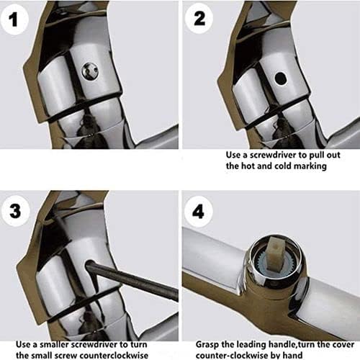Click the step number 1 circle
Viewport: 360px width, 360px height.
[x=14, y=19]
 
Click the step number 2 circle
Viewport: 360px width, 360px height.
[x=199, y=18]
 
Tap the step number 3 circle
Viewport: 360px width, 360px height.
[x=16, y=211]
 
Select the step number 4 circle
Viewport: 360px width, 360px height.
[x=199, y=211]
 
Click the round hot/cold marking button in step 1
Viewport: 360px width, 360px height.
[x=90, y=71]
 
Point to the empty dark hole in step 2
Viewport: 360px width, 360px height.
[x=280, y=78]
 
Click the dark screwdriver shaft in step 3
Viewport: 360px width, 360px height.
[x=132, y=279]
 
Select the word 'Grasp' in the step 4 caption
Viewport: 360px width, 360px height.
[x=207, y=345]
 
